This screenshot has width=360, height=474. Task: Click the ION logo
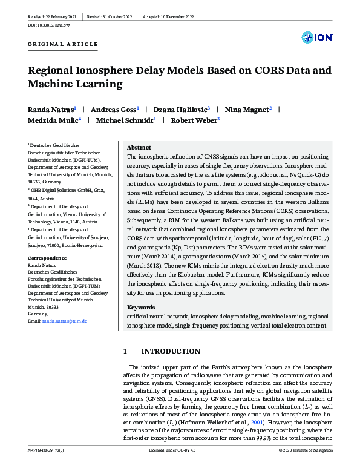coord(316,38)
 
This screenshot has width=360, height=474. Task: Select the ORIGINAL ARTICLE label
coord(63,45)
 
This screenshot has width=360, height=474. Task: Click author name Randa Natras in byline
coord(50,110)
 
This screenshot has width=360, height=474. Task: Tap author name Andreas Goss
coord(113,110)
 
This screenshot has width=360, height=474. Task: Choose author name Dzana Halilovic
coord(182,110)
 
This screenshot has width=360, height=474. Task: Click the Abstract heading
coord(139,147)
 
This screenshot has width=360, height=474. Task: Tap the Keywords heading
coord(142,307)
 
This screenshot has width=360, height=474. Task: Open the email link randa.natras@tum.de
coord(64,321)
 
